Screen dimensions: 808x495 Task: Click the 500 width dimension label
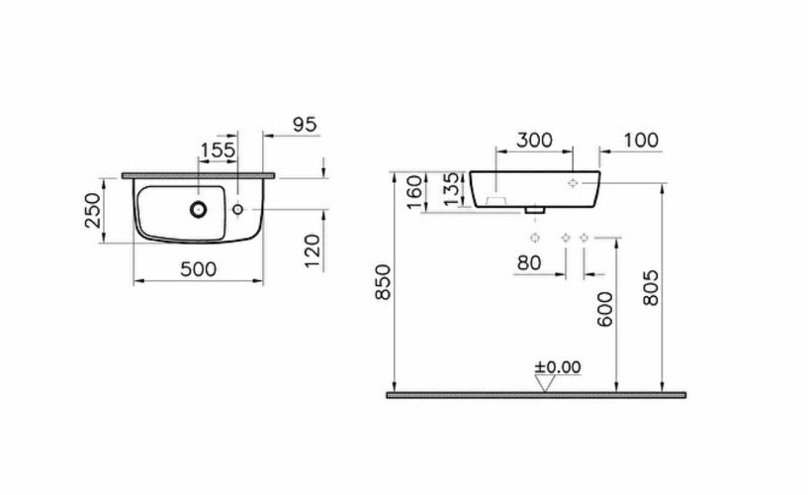pyautogui.click(x=199, y=268)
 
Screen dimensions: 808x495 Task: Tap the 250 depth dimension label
pyautogui.click(x=93, y=210)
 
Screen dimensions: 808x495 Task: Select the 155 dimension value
pyautogui.click(x=218, y=150)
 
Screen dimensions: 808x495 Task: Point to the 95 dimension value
pyautogui.click(x=305, y=125)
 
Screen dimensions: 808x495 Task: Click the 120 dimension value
pyautogui.click(x=313, y=251)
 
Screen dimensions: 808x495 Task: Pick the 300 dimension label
pyautogui.click(x=534, y=140)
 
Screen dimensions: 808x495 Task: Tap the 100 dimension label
pyautogui.click(x=641, y=140)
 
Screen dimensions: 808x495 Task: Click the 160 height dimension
pyautogui.click(x=414, y=192)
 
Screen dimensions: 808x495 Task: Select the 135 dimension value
pyautogui.click(x=450, y=189)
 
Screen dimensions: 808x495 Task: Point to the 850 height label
pyautogui.click(x=384, y=282)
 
